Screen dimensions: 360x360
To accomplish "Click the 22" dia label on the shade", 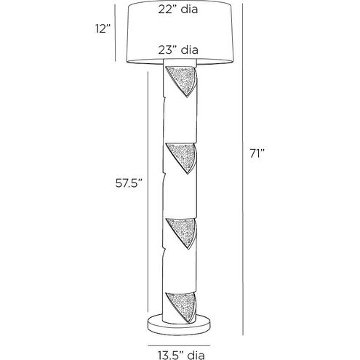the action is (x=178, y=9).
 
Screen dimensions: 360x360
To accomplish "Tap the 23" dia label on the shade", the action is (x=178, y=49).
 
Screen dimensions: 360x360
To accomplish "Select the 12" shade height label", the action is (x=103, y=29).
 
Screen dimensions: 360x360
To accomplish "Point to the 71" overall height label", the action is (x=257, y=153).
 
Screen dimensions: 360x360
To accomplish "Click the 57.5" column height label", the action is (x=129, y=183).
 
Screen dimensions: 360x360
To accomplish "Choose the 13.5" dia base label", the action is (x=182, y=356).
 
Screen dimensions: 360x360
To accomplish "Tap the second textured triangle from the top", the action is (x=183, y=157).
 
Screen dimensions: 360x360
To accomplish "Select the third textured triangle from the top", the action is (x=183, y=232).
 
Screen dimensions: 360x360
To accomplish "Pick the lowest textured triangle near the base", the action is (x=183, y=307).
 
